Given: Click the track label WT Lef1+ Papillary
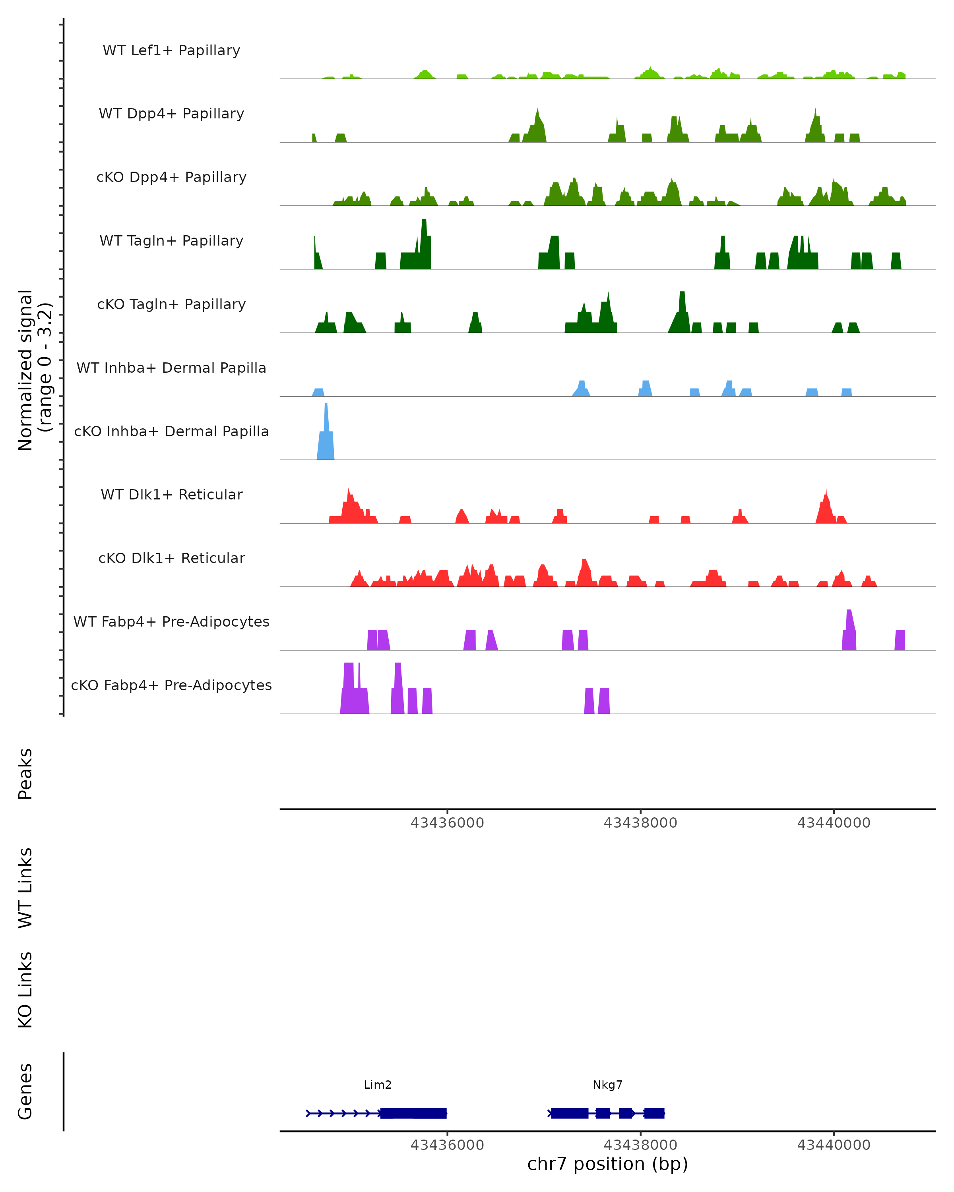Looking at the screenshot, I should [x=171, y=50].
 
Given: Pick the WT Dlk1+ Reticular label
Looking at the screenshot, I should [x=171, y=494].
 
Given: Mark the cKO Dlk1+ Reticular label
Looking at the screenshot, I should [x=171, y=558].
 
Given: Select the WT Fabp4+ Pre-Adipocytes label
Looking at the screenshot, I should [x=171, y=621].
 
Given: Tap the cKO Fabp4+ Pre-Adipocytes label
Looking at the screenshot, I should [x=171, y=685].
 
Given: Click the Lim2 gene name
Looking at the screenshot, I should [x=378, y=1085].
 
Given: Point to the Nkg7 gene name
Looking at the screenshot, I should [x=607, y=1085].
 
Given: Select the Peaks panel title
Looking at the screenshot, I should [x=25, y=774].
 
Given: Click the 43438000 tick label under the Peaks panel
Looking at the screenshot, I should [x=640, y=823].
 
